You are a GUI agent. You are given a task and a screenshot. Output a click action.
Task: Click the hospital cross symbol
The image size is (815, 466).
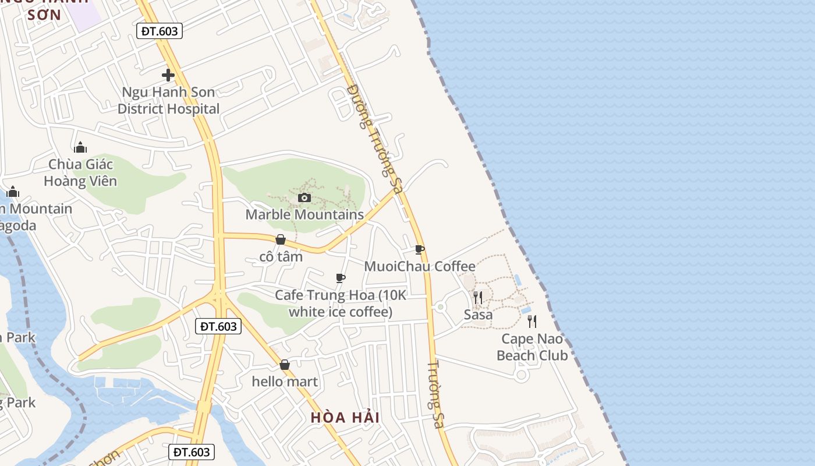[168, 75]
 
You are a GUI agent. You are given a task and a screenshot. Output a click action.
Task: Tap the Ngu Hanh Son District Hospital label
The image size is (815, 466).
[168, 100]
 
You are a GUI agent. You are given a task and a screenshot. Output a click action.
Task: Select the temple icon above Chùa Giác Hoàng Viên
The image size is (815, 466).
[80, 147]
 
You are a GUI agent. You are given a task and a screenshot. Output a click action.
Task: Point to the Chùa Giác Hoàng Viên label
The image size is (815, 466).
[80, 172]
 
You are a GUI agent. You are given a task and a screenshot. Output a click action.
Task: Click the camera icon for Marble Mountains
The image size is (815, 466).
[304, 197]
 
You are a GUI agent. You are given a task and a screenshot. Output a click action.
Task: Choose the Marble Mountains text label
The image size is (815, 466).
[304, 214]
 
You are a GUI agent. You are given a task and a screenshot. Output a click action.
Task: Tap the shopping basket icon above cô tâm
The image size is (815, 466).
[281, 239]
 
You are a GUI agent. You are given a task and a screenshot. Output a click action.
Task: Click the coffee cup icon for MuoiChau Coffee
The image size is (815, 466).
[419, 250]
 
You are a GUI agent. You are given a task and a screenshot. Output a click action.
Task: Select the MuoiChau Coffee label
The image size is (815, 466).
[419, 266]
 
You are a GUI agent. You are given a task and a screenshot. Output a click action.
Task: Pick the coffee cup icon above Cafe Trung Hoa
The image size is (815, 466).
[341, 278]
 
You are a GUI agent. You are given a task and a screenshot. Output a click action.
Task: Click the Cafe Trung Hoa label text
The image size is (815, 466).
[341, 303]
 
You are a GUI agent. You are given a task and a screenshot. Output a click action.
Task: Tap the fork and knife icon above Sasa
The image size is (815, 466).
[477, 298]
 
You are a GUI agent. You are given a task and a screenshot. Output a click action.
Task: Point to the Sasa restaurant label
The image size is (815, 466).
[478, 315]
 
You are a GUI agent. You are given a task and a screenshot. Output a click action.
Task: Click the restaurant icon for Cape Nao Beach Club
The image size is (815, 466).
[531, 322]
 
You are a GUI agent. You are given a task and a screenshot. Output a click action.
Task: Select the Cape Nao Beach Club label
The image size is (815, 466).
[532, 347]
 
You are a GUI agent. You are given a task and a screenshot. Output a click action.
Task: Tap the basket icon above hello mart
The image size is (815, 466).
[285, 365]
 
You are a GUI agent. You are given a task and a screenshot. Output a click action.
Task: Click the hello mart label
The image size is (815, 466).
[285, 382]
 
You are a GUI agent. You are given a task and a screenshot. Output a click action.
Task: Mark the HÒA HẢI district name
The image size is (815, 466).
[345, 418]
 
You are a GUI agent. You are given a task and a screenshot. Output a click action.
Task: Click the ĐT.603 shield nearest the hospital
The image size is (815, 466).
[160, 31]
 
